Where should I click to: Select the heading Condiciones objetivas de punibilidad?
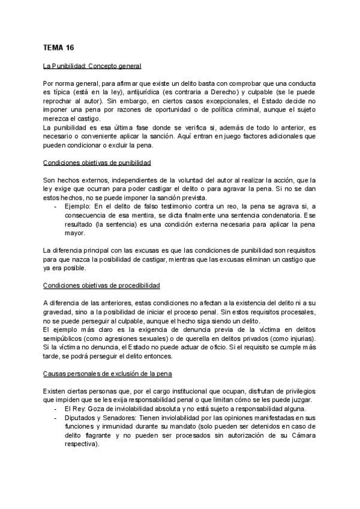click(x=97, y=163)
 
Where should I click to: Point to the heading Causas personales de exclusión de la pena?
click(x=108, y=374)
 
